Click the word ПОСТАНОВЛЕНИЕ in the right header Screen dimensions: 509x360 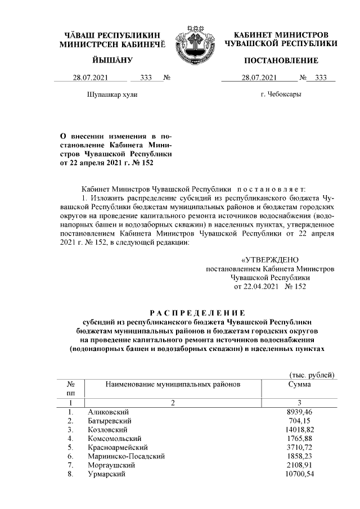(x=281, y=60)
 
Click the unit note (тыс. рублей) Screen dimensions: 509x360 (x=312, y=375)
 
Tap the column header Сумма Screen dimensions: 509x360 (x=300, y=384)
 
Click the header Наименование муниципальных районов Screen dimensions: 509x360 (x=173, y=384)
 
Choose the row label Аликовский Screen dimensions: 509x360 (x=107, y=412)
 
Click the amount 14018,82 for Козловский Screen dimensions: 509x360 (x=300, y=429)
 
